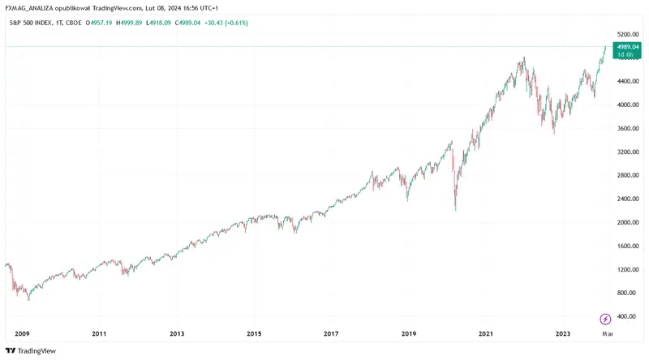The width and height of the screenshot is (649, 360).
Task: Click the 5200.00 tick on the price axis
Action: point(628,34)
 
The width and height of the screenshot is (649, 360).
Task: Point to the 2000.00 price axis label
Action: point(628,223)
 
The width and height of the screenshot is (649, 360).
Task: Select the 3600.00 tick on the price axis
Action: point(628,128)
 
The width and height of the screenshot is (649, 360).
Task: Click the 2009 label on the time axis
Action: point(22,334)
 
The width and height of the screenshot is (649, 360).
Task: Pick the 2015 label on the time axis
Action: point(254,334)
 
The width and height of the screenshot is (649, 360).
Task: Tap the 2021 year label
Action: point(486,334)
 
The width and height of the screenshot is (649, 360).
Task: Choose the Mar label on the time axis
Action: point(607,334)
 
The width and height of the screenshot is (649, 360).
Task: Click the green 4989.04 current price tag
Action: point(627,50)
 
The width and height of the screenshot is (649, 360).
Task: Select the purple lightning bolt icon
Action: point(605,319)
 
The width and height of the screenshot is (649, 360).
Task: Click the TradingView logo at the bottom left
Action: point(31,351)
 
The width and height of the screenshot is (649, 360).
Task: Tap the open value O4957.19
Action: point(99,24)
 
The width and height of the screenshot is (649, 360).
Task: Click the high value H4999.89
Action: point(129,24)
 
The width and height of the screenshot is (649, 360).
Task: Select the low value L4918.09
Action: point(158,24)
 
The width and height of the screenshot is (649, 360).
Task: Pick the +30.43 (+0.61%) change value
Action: point(226,24)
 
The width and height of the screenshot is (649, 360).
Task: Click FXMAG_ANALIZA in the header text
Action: point(29,8)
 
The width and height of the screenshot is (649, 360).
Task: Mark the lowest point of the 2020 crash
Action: point(456,210)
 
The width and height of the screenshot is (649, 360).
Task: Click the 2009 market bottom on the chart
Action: point(28,299)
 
